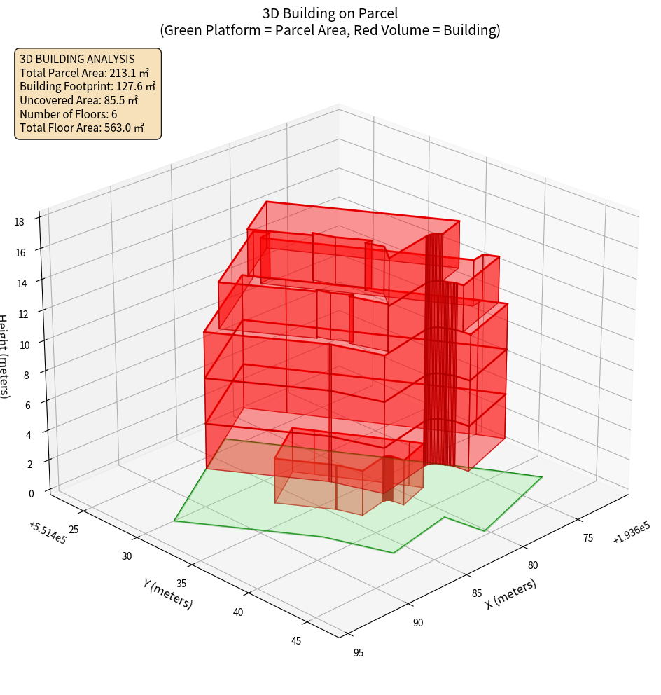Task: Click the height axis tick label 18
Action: pos(20,221)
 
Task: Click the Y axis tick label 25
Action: pos(74,530)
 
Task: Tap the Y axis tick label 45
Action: pos(295,640)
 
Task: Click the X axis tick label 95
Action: pos(358,653)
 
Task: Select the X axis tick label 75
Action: pos(587,537)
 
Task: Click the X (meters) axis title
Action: pos(511,593)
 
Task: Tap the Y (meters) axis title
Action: pos(167,593)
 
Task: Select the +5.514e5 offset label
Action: pos(48,533)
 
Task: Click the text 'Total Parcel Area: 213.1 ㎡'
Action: pos(85,73)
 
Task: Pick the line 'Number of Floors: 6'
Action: pos(69,114)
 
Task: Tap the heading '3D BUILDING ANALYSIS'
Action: pos(77,59)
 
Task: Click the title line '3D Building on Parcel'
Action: pos(330,13)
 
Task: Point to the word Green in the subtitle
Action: pos(184,30)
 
